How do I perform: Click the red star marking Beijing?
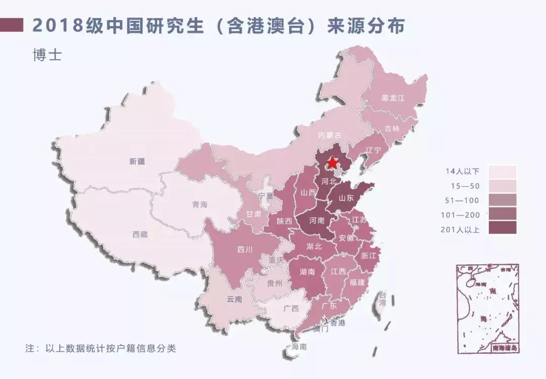point(333,163)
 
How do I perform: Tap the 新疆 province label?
point(137,162)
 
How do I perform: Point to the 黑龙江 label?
point(393,98)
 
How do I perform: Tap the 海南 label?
point(299,347)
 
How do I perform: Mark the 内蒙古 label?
point(330,135)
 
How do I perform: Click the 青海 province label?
point(200,205)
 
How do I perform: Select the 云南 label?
point(235,299)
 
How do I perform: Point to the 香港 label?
point(337,323)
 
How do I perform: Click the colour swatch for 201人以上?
point(502,228)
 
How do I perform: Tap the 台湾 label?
point(383,299)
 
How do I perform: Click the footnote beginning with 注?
point(101,349)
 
